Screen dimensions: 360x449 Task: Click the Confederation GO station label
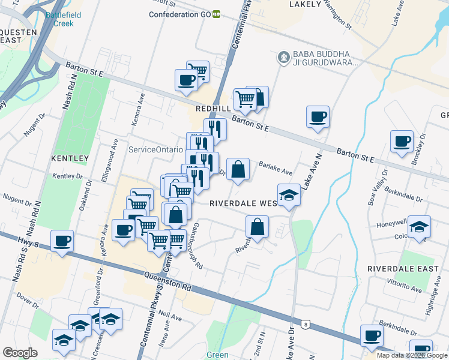pyautogui.click(x=179, y=14)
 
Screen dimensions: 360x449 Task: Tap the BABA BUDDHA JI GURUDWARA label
pyautogui.click(x=325, y=58)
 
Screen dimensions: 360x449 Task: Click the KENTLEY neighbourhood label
pyautogui.click(x=70, y=158)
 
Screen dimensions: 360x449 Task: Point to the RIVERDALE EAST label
pyautogui.click(x=403, y=268)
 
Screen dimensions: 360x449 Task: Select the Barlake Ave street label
pyautogui.click(x=276, y=167)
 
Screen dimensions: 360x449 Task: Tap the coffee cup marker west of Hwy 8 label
pyautogui.click(x=62, y=241)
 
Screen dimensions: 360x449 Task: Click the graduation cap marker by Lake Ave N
pyautogui.click(x=289, y=195)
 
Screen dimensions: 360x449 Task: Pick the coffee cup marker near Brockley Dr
pyautogui.click(x=402, y=142)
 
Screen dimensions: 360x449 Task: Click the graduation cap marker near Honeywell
pyautogui.click(x=421, y=227)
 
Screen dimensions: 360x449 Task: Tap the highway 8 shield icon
pyautogui.click(x=306, y=325)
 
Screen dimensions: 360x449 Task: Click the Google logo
pyautogui.click(x=20, y=353)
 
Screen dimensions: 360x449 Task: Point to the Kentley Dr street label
pyautogui.click(x=67, y=176)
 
